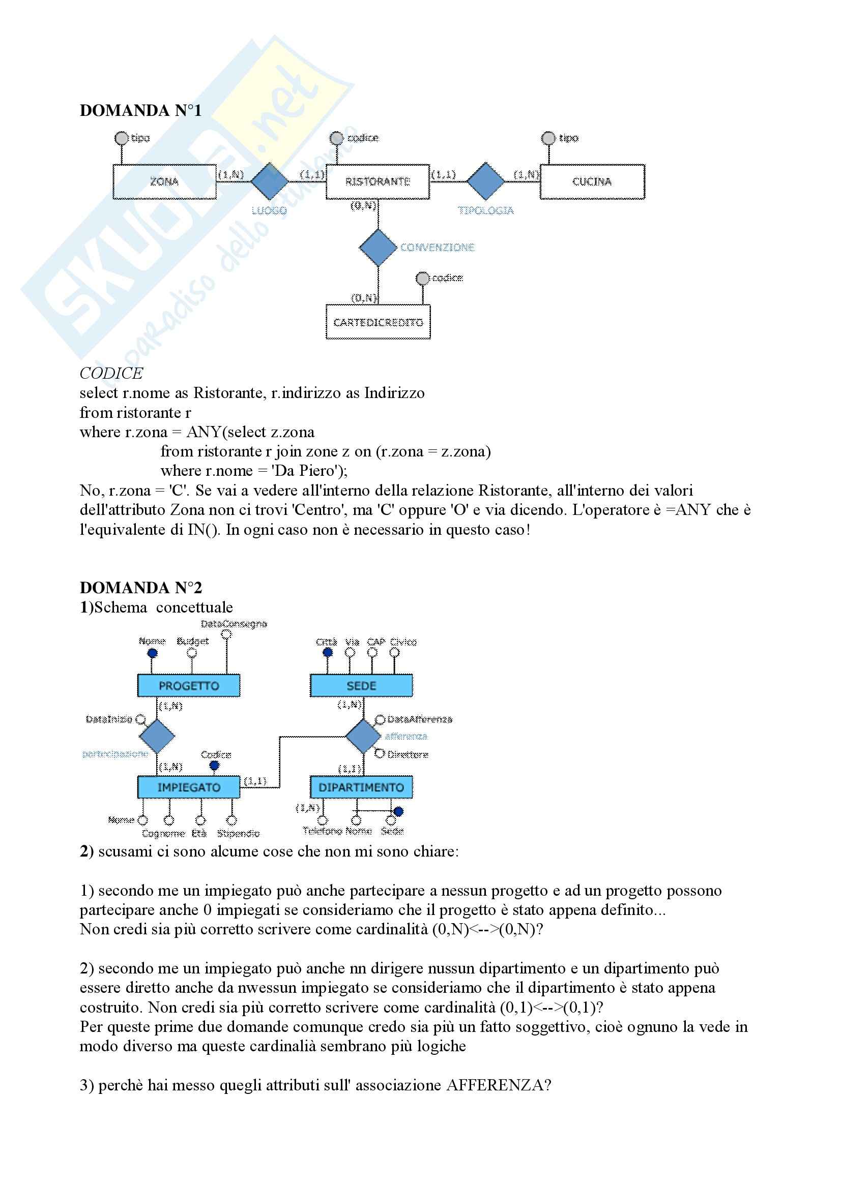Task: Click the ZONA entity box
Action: point(164,181)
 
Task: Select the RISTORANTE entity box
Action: point(378,181)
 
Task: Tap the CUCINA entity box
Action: point(592,181)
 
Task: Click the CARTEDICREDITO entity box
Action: point(378,322)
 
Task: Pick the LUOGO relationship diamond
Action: point(270,181)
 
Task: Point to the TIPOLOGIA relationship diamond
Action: point(485,181)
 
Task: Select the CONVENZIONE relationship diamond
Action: point(378,248)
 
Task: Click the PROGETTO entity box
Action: point(189,686)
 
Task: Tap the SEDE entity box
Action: point(361,686)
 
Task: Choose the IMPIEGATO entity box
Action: point(189,787)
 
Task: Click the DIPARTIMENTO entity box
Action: point(361,787)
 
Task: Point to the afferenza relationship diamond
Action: point(363,736)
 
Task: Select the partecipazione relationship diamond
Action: point(157,736)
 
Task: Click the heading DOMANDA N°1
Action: point(140,110)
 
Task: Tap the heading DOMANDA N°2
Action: point(140,588)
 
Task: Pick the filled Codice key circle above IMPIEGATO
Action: point(214,766)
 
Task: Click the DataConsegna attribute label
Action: point(234,624)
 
